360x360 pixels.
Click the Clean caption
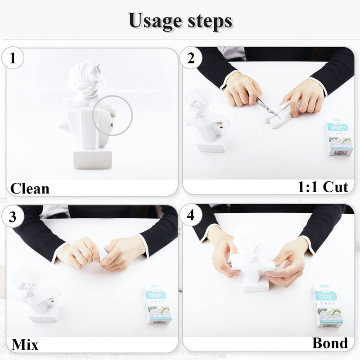click(30, 188)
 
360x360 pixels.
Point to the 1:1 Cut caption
click(323, 187)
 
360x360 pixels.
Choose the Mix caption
click(25, 345)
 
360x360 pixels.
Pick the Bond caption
click(330, 343)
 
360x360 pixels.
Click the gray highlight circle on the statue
click(112, 115)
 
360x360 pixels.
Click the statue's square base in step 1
click(92, 159)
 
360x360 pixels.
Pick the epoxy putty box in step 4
click(327, 306)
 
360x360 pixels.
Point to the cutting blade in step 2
click(266, 106)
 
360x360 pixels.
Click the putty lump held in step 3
click(103, 255)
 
